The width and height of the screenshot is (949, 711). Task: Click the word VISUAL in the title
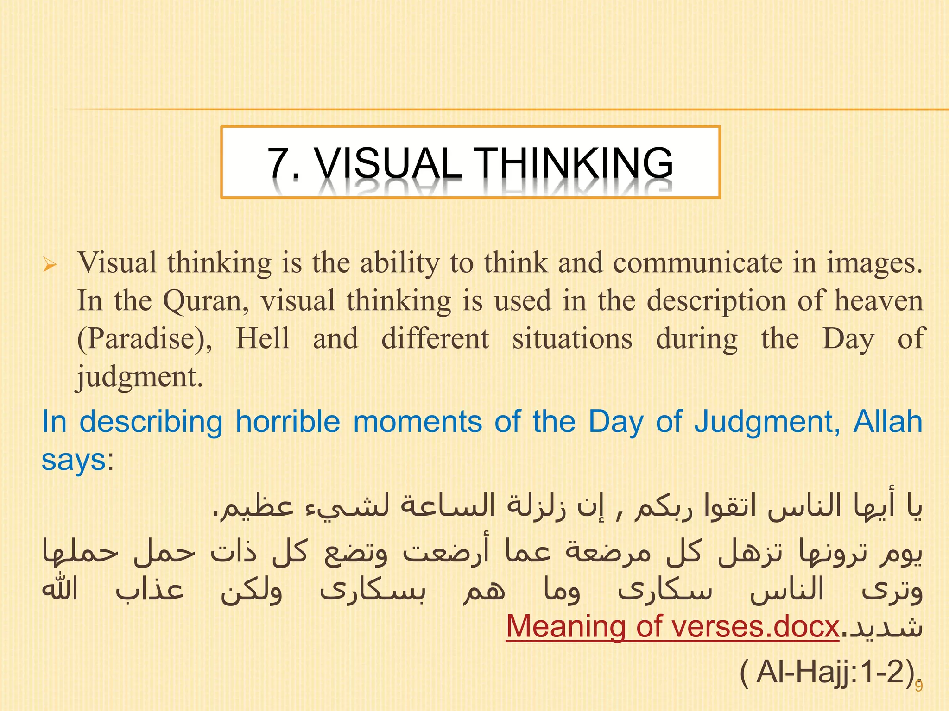pyautogui.click(x=388, y=163)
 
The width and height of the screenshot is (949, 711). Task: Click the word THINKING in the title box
pyautogui.click(x=575, y=163)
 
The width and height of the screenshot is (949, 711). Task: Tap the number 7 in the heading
pyautogui.click(x=279, y=163)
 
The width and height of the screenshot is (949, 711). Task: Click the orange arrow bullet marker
pyautogui.click(x=49, y=265)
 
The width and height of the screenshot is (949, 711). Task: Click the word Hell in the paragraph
pyautogui.click(x=263, y=338)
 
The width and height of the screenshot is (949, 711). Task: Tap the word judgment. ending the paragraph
pyautogui.click(x=139, y=377)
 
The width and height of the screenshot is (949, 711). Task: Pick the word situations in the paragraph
pyautogui.click(x=572, y=339)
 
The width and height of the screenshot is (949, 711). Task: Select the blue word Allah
pyautogui.click(x=888, y=422)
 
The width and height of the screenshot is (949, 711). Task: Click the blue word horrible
pyautogui.click(x=288, y=422)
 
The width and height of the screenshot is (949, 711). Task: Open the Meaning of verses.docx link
pyautogui.click(x=672, y=627)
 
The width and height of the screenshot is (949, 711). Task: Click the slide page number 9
pyautogui.click(x=918, y=686)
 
